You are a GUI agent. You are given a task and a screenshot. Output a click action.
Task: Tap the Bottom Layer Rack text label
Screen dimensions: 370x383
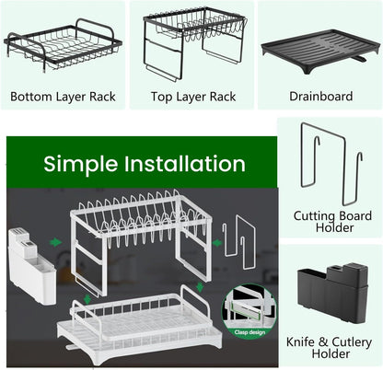click(x=63, y=97)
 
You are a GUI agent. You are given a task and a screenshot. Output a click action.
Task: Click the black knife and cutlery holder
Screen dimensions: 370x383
click(x=332, y=292)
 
